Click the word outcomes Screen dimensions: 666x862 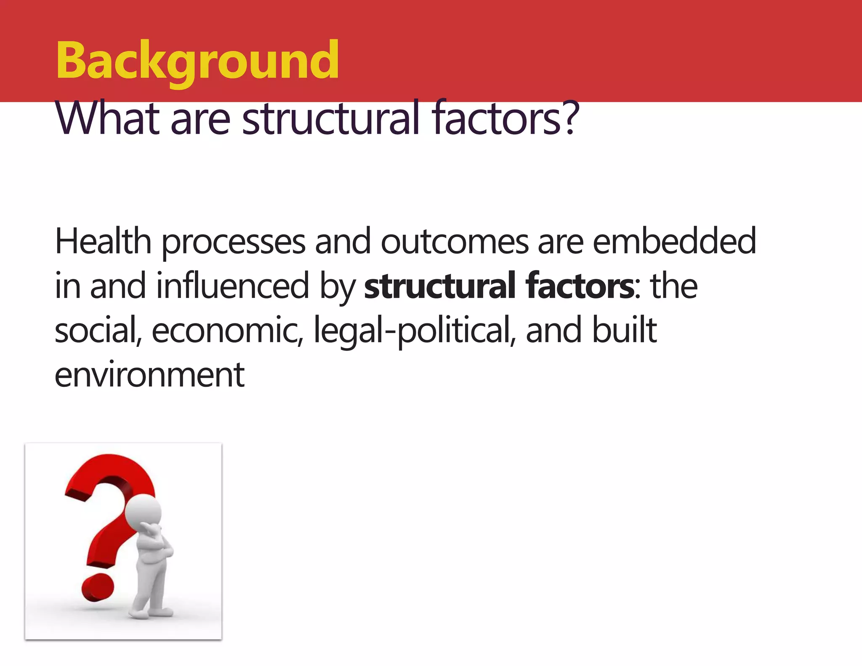pos(455,242)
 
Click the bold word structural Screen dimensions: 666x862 pos(439,286)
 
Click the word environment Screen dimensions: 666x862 pos(149,375)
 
